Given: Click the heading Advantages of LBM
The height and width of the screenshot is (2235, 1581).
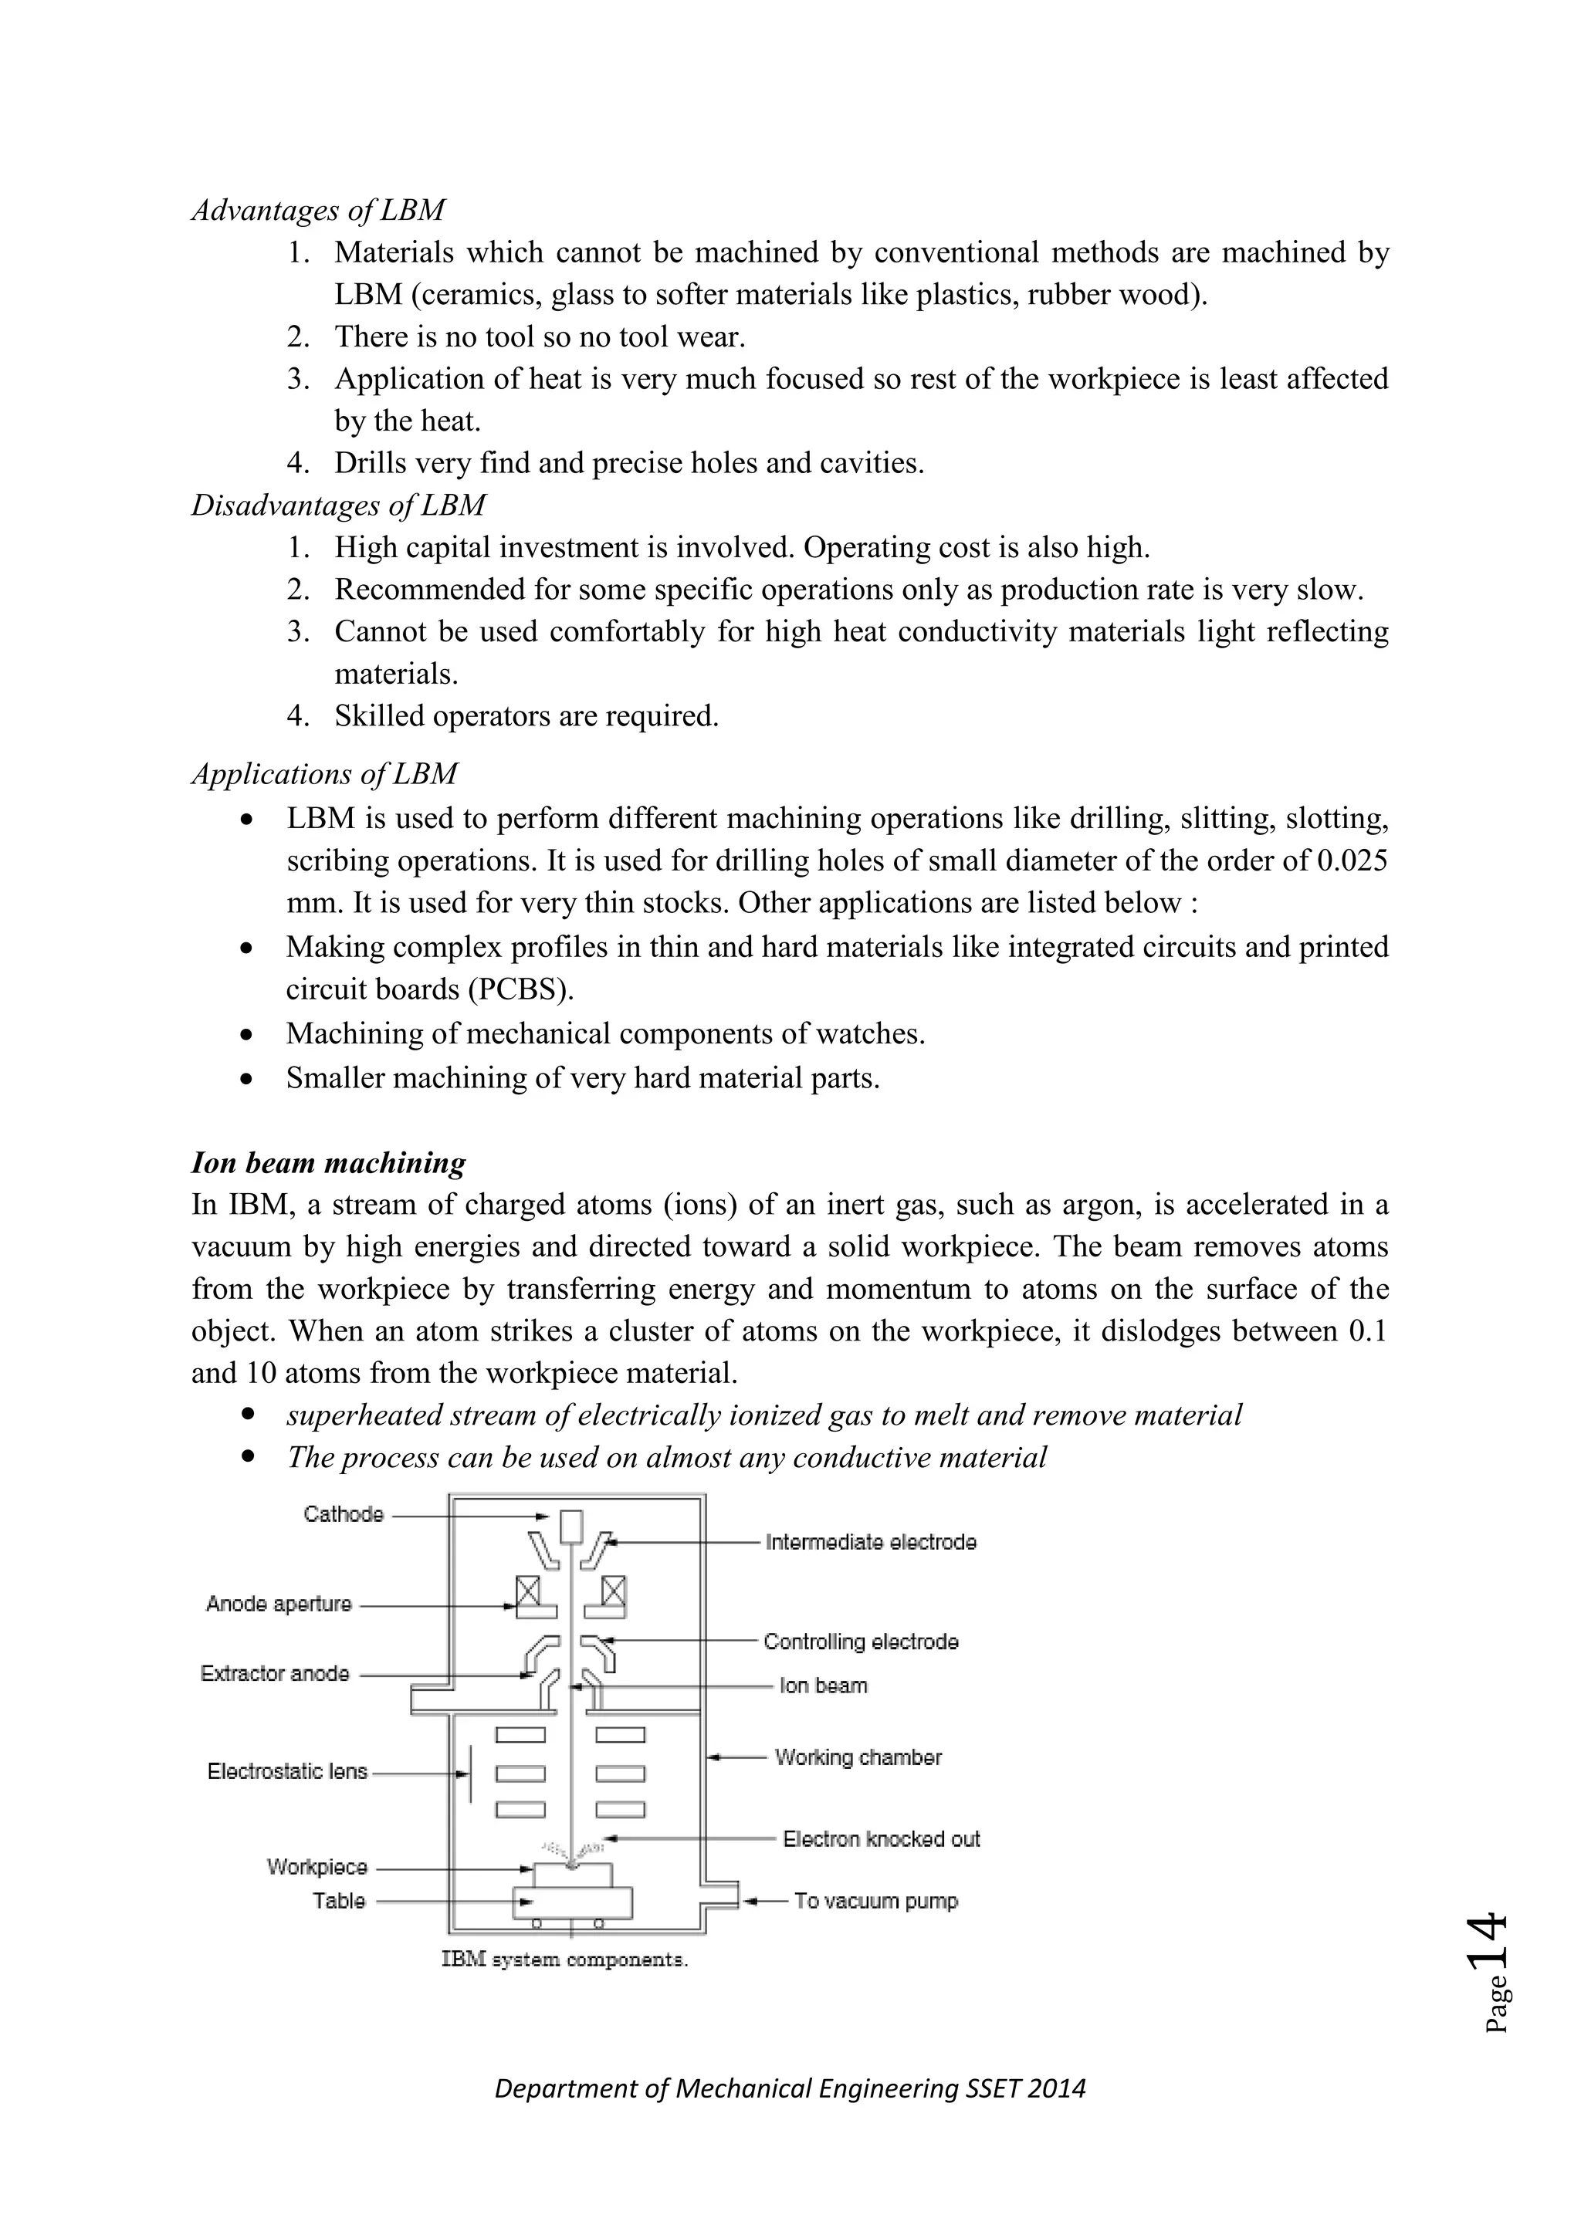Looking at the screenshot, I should [x=317, y=210].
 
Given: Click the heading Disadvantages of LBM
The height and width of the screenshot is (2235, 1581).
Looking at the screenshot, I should [x=338, y=505].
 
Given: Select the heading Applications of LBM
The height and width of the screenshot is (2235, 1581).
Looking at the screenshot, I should [x=324, y=774].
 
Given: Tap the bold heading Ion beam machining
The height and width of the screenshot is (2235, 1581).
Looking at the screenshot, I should [x=328, y=1163].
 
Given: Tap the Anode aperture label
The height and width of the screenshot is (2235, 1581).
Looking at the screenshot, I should [x=279, y=1604].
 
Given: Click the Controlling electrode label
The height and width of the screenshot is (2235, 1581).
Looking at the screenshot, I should [x=861, y=1642].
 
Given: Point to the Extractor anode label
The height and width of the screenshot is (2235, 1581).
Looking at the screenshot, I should [x=275, y=1673].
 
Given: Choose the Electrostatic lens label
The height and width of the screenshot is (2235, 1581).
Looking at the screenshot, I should [x=287, y=1772].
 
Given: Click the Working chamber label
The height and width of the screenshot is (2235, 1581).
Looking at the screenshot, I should [x=858, y=1758].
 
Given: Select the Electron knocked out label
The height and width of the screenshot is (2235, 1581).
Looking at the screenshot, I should [x=881, y=1840].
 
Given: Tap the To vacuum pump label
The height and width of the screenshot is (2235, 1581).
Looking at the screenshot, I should [x=875, y=1901].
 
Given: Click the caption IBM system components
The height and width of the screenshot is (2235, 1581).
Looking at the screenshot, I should [x=564, y=1959].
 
